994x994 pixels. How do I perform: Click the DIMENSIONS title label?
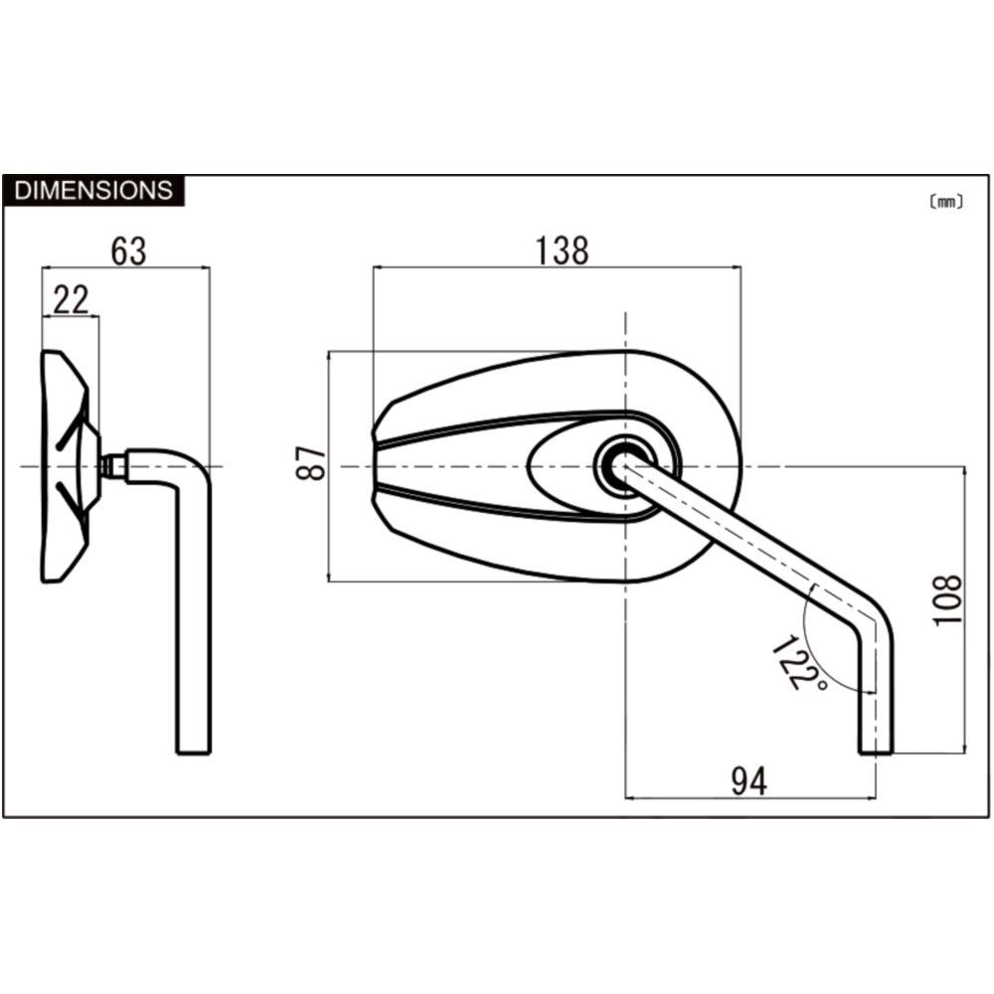click(x=93, y=190)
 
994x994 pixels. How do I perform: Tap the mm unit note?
click(x=946, y=202)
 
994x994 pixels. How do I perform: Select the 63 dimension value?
click(x=128, y=251)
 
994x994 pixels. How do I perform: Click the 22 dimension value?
click(x=71, y=300)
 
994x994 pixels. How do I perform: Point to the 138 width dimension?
click(x=563, y=250)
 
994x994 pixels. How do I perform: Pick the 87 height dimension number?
click(x=311, y=463)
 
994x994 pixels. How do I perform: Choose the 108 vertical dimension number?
click(x=948, y=600)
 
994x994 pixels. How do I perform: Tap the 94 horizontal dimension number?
click(x=749, y=781)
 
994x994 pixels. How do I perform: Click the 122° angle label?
click(x=799, y=663)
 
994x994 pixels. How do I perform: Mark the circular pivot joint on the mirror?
click(x=625, y=466)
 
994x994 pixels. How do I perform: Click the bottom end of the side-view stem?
click(x=194, y=752)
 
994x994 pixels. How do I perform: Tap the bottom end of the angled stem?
click(x=876, y=752)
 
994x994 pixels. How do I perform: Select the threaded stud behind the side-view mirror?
click(x=115, y=466)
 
